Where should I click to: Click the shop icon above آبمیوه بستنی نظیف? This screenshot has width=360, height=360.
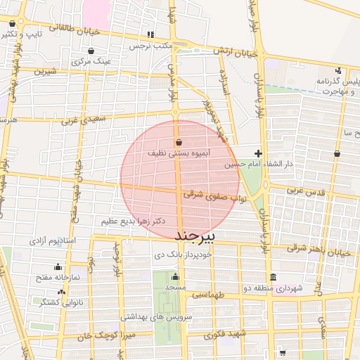pos(179,142)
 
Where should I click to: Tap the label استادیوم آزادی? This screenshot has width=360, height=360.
pos(53,240)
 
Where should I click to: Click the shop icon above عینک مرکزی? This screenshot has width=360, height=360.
pos(92,51)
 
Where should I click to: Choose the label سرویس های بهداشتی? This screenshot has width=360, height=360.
pos(167,317)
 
